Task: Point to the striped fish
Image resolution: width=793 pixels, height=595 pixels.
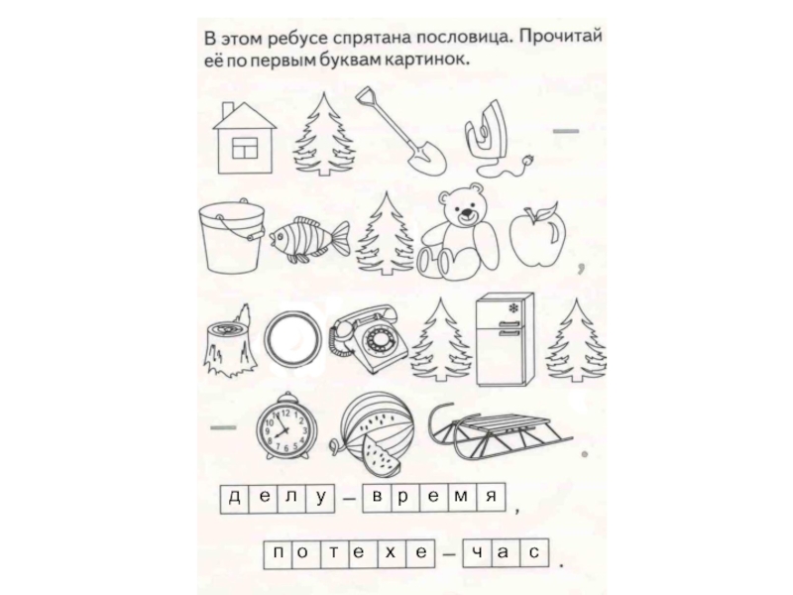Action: click(309, 239)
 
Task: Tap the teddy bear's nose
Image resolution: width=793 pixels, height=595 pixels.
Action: click(465, 213)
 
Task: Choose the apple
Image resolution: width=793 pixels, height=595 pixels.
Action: click(537, 234)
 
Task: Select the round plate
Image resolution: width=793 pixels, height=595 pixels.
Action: click(292, 339)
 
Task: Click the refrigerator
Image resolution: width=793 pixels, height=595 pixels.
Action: click(505, 338)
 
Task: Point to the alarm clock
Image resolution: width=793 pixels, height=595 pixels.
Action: click(286, 426)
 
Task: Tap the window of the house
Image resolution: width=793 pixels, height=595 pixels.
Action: click(244, 148)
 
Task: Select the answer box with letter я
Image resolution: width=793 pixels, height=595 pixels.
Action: click(491, 498)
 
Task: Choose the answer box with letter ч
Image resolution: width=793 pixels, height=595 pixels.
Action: click(476, 552)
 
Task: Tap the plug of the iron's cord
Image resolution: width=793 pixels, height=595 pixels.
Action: click(530, 161)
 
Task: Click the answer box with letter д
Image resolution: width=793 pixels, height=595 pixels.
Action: click(235, 499)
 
